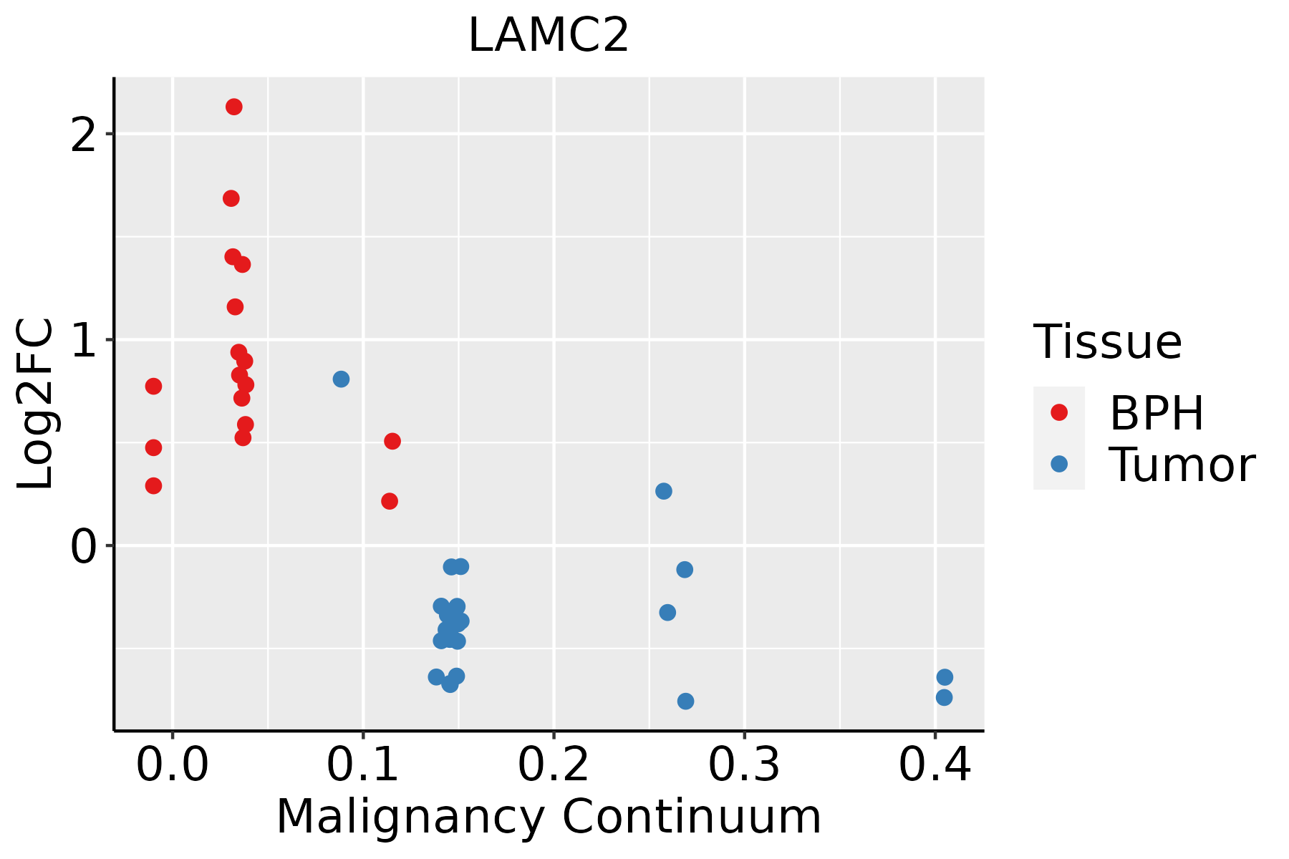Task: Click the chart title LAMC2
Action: (548, 36)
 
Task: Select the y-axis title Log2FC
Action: (36, 404)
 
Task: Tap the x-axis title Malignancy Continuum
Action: (549, 817)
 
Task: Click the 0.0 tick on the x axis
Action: (173, 766)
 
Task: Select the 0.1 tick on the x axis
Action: (363, 766)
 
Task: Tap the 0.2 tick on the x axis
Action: (554, 766)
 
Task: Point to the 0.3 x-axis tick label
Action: (744, 766)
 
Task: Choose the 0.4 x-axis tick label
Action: (935, 766)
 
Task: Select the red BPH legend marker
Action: (1058, 412)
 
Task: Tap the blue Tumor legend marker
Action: (1058, 464)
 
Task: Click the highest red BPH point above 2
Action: (233, 107)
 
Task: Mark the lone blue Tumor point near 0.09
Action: (341, 379)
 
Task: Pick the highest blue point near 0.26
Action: (664, 491)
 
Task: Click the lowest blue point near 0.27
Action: (685, 701)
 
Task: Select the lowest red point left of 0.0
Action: (153, 486)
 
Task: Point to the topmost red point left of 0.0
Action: (153, 387)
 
